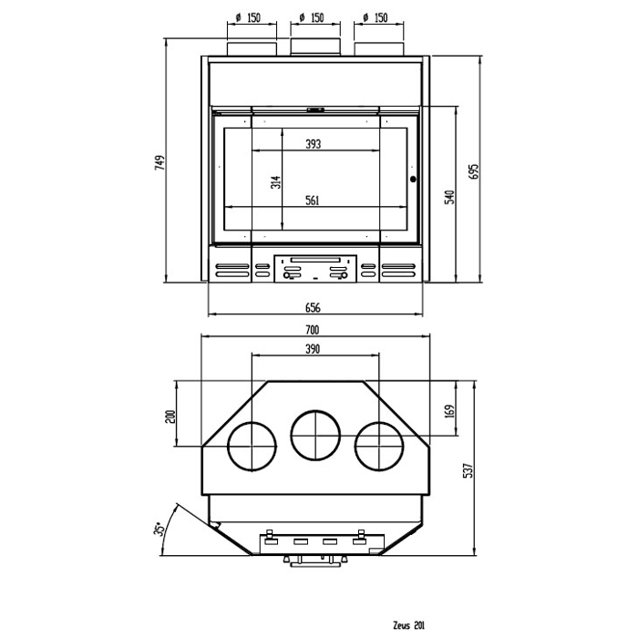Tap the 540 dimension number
[x=449, y=196]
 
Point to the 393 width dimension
[x=313, y=144]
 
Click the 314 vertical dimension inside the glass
[x=276, y=183]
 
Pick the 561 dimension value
[x=313, y=201]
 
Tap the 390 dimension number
[x=313, y=349]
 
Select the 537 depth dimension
[x=468, y=469]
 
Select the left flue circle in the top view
[x=251, y=447]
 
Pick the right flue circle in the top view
[x=378, y=447]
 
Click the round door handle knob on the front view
[x=413, y=180]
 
